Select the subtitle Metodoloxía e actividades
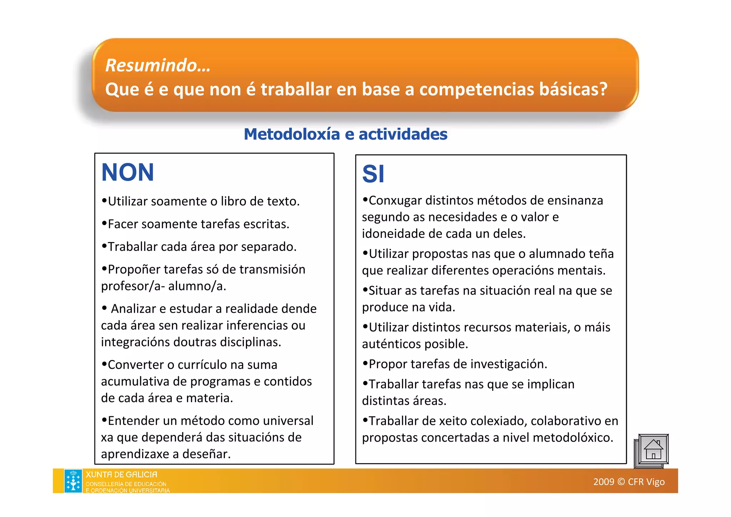tap(345, 134)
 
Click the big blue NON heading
tap(127, 172)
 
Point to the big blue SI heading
tap(373, 174)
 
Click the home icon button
tap(653, 450)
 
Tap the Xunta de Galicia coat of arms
tap(73, 481)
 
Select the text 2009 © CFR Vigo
tap(629, 482)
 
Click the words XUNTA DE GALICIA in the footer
tap(121, 475)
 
